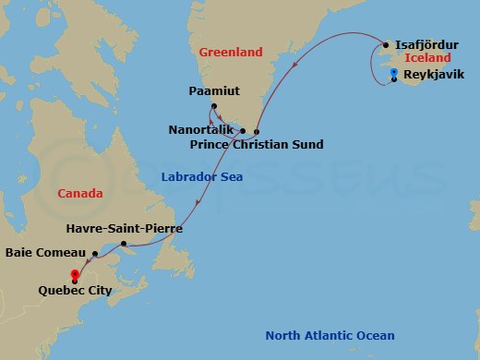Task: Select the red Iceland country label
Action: point(427,58)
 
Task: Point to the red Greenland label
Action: point(231,53)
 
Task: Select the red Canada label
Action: point(79,193)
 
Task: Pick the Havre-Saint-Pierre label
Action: point(125,227)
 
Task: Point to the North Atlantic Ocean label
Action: point(330,335)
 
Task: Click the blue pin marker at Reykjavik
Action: point(394,74)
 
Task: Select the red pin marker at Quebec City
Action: point(74,274)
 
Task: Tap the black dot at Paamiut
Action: point(213,108)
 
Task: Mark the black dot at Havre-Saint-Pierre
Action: point(123,243)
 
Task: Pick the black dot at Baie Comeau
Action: point(94,251)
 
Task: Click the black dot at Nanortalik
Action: point(242,131)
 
